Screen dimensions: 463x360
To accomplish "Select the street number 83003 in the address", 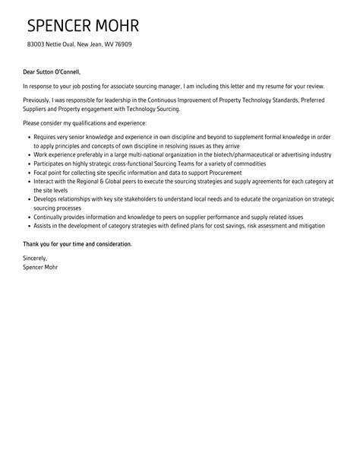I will pyautogui.click(x=36, y=45).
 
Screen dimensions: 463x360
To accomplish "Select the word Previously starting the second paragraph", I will pyautogui.click(x=39, y=100).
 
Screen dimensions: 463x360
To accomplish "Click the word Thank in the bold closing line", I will pyautogui.click(x=33, y=244).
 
